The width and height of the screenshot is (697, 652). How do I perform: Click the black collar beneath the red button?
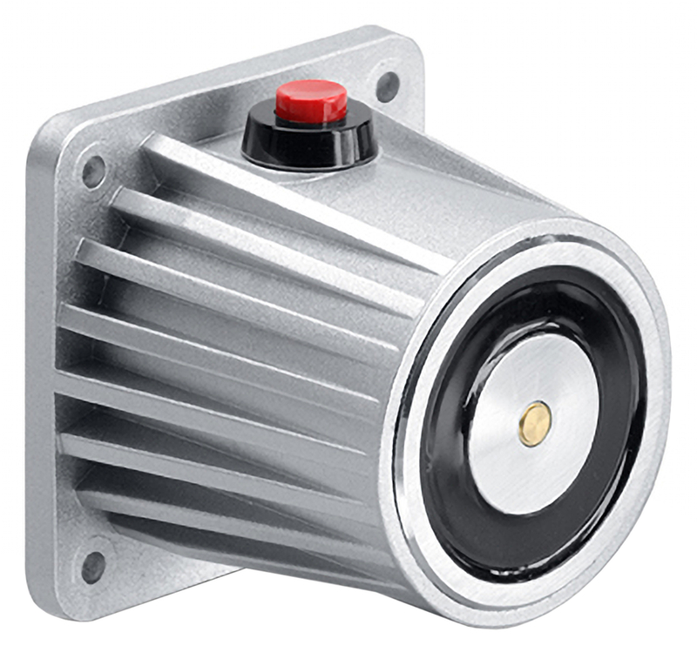coord(309,144)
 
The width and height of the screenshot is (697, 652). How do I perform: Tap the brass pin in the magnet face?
coord(533,424)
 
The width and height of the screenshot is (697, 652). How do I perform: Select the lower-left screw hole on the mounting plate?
coord(92,567)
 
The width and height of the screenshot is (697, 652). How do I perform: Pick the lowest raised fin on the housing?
coord(218,514)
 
